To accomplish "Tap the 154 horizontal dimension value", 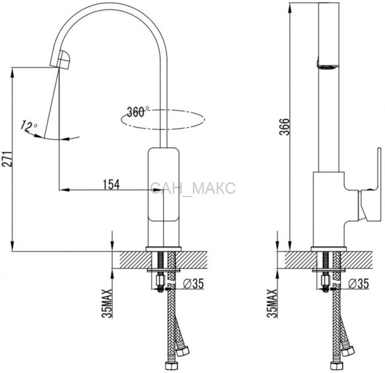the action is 111,185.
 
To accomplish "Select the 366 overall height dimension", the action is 285,127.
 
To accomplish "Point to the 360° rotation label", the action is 137,112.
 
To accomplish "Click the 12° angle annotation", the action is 29,126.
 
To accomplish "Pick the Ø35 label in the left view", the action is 194,284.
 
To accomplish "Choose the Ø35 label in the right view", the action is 359,284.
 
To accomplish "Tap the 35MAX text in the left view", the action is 107,304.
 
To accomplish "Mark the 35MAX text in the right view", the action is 272,304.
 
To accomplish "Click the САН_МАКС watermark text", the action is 193,188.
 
